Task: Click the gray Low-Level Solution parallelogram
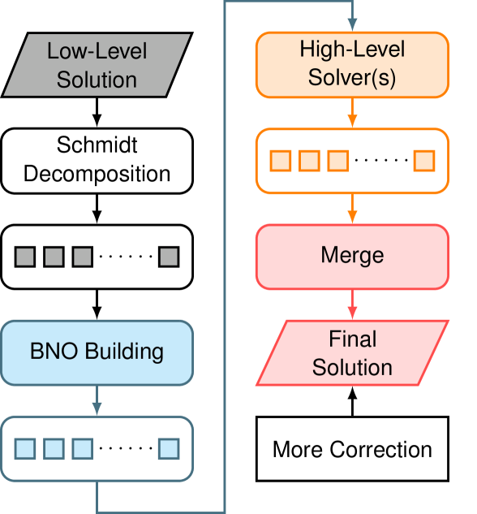(x=97, y=65)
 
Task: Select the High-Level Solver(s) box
(x=352, y=63)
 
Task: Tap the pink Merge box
(x=352, y=256)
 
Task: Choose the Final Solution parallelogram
(x=352, y=352)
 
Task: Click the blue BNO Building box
(x=97, y=352)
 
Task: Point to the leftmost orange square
(x=281, y=161)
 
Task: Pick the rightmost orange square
(x=424, y=161)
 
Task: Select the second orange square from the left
(x=309, y=161)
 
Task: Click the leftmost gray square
(x=25, y=257)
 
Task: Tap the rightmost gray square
(x=169, y=257)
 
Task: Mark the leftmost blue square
(x=25, y=448)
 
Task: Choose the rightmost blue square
(x=169, y=448)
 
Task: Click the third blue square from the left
(x=83, y=448)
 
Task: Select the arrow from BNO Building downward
(x=97, y=400)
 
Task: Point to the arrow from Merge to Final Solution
(x=352, y=304)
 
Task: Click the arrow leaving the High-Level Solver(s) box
(x=352, y=111)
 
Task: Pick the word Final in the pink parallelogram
(x=352, y=338)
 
